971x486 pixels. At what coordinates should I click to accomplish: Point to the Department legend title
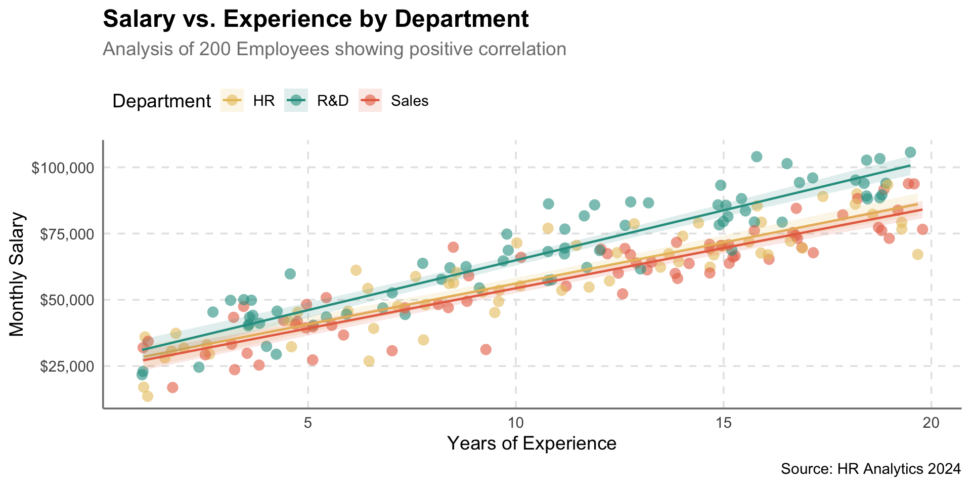(161, 101)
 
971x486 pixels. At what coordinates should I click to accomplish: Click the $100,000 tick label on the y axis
(63, 168)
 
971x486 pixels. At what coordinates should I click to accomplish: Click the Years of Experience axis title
(532, 443)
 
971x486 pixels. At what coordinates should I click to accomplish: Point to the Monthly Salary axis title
(17, 274)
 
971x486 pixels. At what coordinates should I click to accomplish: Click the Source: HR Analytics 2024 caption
(870, 469)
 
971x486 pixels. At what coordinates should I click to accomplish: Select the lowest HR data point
(147, 396)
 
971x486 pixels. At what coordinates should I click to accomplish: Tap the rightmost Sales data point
(922, 229)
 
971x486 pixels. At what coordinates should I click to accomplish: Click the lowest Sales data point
(172, 387)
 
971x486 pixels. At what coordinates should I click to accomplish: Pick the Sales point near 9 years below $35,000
(485, 349)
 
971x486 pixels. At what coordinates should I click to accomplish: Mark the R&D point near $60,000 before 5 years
(290, 274)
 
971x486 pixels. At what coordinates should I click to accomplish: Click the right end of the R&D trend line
(910, 166)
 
